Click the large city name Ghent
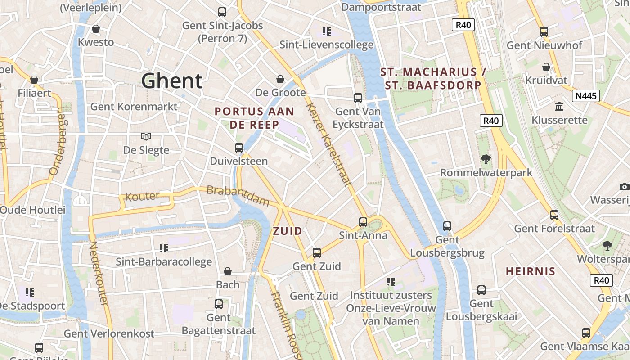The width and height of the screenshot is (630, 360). click(172, 81)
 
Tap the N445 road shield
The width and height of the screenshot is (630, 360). click(586, 96)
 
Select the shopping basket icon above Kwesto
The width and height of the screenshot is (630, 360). click(96, 29)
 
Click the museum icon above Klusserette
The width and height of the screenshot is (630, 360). click(559, 107)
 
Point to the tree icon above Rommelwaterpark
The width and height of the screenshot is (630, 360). click(486, 159)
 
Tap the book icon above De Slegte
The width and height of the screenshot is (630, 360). click(146, 136)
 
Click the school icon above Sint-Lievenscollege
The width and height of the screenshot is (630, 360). click(327, 31)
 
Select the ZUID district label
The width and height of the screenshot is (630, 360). click(288, 231)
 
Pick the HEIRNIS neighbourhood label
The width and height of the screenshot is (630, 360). click(531, 271)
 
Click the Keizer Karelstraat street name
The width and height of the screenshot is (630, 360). click(328, 144)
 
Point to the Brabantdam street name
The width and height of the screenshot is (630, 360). click(238, 196)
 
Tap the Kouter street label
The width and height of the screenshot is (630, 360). click(142, 197)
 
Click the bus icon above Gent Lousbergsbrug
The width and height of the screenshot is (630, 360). click(447, 226)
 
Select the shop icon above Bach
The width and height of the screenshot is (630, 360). click(228, 271)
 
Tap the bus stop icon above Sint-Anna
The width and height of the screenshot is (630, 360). click(363, 222)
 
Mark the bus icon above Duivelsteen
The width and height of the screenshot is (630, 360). click(239, 148)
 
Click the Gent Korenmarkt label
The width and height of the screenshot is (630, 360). click(134, 107)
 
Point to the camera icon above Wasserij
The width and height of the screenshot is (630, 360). click(624, 187)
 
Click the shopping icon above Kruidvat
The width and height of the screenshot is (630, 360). click(546, 67)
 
